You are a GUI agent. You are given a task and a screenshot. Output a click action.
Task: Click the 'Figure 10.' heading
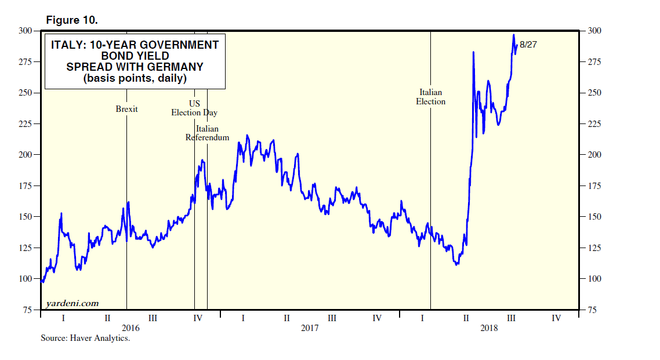pos(72,20)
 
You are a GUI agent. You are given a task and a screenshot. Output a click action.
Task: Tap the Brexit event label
pos(126,109)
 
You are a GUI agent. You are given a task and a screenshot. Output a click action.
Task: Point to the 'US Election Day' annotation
pos(194,108)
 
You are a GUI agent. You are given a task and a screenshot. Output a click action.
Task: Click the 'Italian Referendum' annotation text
pos(207,133)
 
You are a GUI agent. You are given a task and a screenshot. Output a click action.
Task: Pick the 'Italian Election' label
pos(430,97)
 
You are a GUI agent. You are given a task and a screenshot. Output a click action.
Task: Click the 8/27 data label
pos(528,45)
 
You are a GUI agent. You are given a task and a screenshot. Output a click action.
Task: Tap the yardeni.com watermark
pos(72,303)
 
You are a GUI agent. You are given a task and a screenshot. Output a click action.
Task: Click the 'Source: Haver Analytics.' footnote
pos(85,338)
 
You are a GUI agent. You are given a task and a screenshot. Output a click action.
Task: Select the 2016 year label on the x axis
pos(130,328)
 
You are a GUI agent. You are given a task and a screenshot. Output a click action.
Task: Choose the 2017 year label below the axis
pos(310,328)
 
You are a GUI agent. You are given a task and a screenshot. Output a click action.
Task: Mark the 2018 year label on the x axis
pos(489,328)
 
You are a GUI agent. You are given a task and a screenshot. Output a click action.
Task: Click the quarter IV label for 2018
pos(556,318)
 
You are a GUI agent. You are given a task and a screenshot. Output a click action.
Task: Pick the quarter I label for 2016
pos(63,318)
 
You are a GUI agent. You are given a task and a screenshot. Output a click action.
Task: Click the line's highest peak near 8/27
pos(514,34)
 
